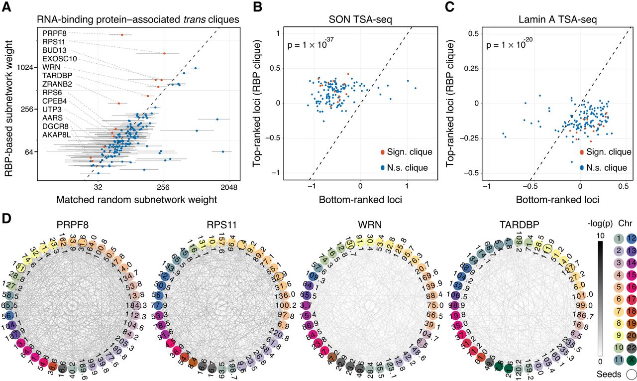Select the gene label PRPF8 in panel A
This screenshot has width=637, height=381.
click(x=52, y=33)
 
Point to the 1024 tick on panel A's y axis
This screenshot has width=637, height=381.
click(x=23, y=68)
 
